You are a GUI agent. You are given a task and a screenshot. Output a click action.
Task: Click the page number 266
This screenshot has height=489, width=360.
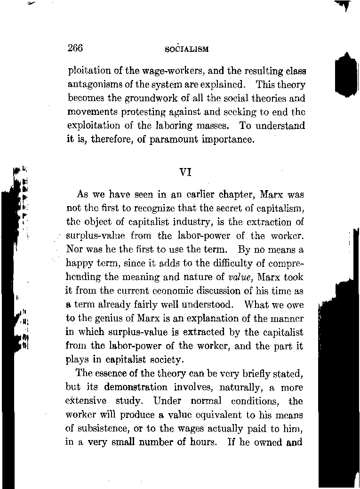tap(75, 48)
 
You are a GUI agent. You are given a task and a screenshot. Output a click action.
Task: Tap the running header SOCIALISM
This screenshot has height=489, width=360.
tap(187, 49)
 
